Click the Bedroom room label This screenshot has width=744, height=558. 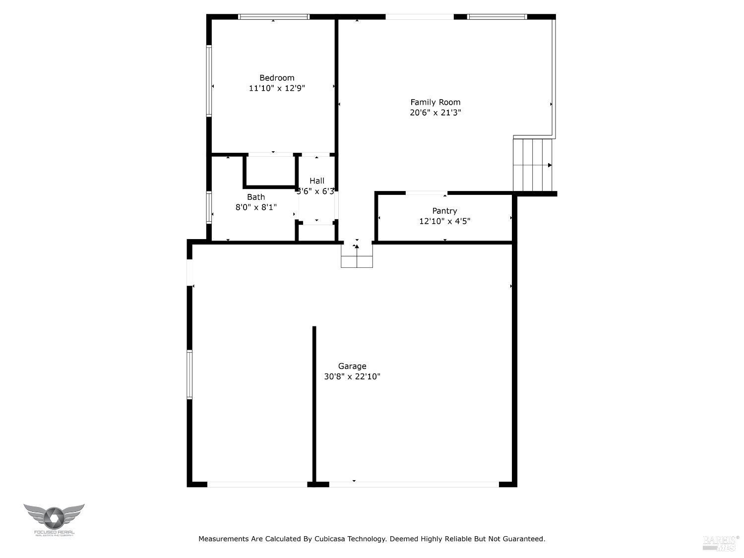277,78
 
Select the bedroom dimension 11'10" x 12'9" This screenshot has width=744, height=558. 277,88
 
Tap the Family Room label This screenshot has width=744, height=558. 435,102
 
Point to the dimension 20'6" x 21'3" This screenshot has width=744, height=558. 435,113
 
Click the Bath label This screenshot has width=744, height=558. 256,197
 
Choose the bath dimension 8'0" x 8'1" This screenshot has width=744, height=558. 256,207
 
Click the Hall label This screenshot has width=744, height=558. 317,181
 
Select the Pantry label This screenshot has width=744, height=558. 444,211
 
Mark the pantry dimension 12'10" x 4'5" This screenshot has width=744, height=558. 444,221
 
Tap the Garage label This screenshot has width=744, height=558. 352,366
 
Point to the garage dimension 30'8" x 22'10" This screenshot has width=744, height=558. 352,376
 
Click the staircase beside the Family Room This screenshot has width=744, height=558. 533,165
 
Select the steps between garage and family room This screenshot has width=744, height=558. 357,255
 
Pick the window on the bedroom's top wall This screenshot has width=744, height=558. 273,17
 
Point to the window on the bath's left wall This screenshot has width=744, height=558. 209,207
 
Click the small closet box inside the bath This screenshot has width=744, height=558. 270,172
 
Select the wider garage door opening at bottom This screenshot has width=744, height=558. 414,484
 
